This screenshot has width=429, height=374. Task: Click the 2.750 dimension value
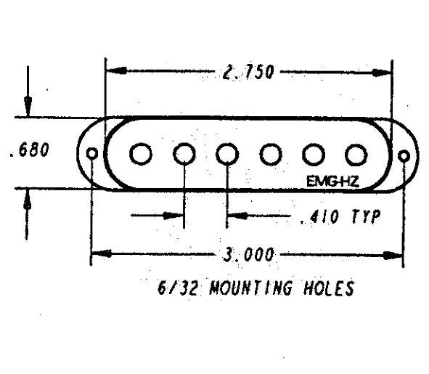tap(248, 73)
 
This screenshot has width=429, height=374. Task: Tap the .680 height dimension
tap(29, 150)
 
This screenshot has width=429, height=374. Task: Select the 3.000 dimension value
tap(248, 255)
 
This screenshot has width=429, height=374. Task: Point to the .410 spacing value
tap(319, 217)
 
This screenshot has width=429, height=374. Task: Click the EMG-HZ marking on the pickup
tap(332, 182)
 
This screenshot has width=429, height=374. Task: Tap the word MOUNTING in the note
tap(250, 288)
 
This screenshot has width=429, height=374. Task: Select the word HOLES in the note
tap(329, 288)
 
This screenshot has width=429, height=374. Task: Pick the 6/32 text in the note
tap(177, 288)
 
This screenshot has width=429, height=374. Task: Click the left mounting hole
tap(92, 153)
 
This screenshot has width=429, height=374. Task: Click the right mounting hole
tap(404, 156)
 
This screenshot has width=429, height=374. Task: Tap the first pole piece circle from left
tap(141, 154)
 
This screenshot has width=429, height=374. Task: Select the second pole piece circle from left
tap(184, 154)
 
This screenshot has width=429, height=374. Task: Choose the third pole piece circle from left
tap(227, 154)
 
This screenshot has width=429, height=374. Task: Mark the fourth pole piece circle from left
tap(271, 155)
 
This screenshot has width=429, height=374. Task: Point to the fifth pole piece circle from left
tap(314, 155)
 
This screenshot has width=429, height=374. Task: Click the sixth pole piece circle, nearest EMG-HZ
tap(356, 155)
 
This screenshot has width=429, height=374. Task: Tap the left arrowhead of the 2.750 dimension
tap(116, 70)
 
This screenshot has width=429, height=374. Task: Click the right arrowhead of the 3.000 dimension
tap(393, 256)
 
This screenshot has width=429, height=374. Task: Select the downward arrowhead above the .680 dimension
tap(28, 106)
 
